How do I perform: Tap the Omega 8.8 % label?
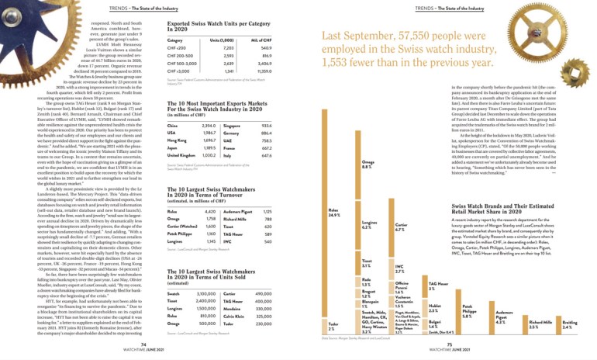(x=367, y=164)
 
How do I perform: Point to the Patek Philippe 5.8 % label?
(x=467, y=315)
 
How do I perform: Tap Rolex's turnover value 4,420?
(x=209, y=189)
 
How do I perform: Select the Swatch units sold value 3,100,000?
(x=206, y=295)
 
